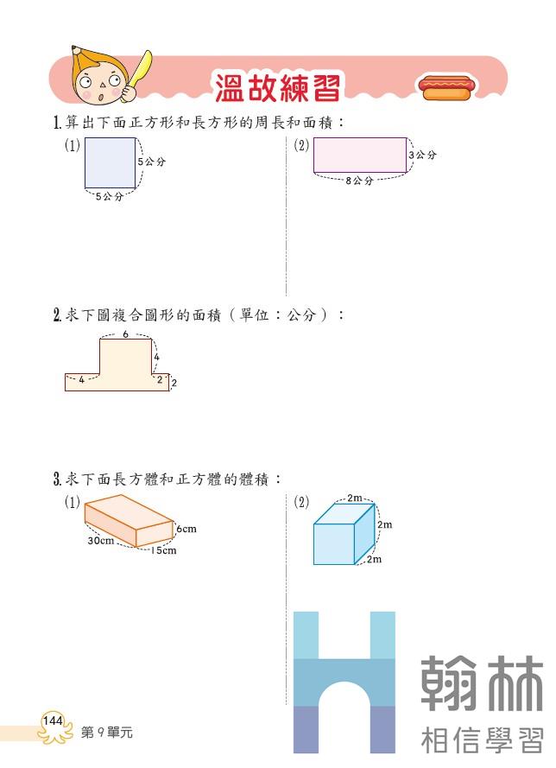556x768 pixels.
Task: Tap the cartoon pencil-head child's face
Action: coord(102,81)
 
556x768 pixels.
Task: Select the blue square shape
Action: coord(110,162)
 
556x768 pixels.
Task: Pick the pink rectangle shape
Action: coord(360,155)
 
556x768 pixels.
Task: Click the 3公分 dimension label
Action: coord(423,155)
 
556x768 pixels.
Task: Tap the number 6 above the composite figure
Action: coord(126,334)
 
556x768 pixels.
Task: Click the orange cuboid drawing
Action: coord(130,522)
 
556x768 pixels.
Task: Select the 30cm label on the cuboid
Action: coord(100,541)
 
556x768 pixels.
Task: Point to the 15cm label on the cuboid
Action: coord(163,550)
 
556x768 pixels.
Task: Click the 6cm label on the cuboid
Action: coord(186,529)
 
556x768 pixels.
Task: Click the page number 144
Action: coord(52,720)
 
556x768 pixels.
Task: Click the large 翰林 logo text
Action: coord(483,683)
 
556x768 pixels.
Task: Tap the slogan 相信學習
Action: coord(483,740)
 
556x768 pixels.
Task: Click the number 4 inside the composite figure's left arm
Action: coord(82,378)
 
